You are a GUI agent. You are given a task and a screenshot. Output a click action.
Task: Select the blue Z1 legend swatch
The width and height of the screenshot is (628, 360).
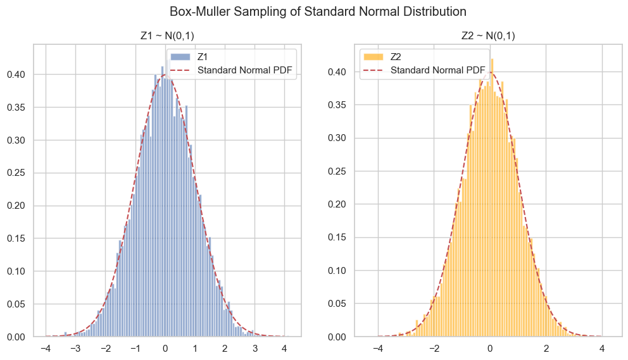click(180, 56)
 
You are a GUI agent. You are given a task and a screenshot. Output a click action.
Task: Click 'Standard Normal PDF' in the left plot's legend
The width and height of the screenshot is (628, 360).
click(245, 70)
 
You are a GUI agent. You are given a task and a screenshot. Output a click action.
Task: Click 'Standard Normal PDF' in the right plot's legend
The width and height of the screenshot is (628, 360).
click(437, 70)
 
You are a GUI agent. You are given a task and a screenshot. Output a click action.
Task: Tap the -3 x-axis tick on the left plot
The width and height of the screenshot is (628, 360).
click(74, 348)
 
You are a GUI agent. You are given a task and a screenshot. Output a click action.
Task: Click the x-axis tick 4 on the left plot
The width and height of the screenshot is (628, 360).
click(284, 348)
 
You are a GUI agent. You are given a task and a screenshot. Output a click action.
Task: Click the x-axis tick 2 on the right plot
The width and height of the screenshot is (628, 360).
click(546, 348)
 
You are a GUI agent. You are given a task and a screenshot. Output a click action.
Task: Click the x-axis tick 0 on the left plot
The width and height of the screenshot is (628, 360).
click(165, 348)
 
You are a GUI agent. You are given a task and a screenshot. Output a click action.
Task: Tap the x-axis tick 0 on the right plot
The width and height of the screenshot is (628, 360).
click(489, 348)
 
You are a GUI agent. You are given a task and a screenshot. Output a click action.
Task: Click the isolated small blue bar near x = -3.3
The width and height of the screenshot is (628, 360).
click(65, 334)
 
